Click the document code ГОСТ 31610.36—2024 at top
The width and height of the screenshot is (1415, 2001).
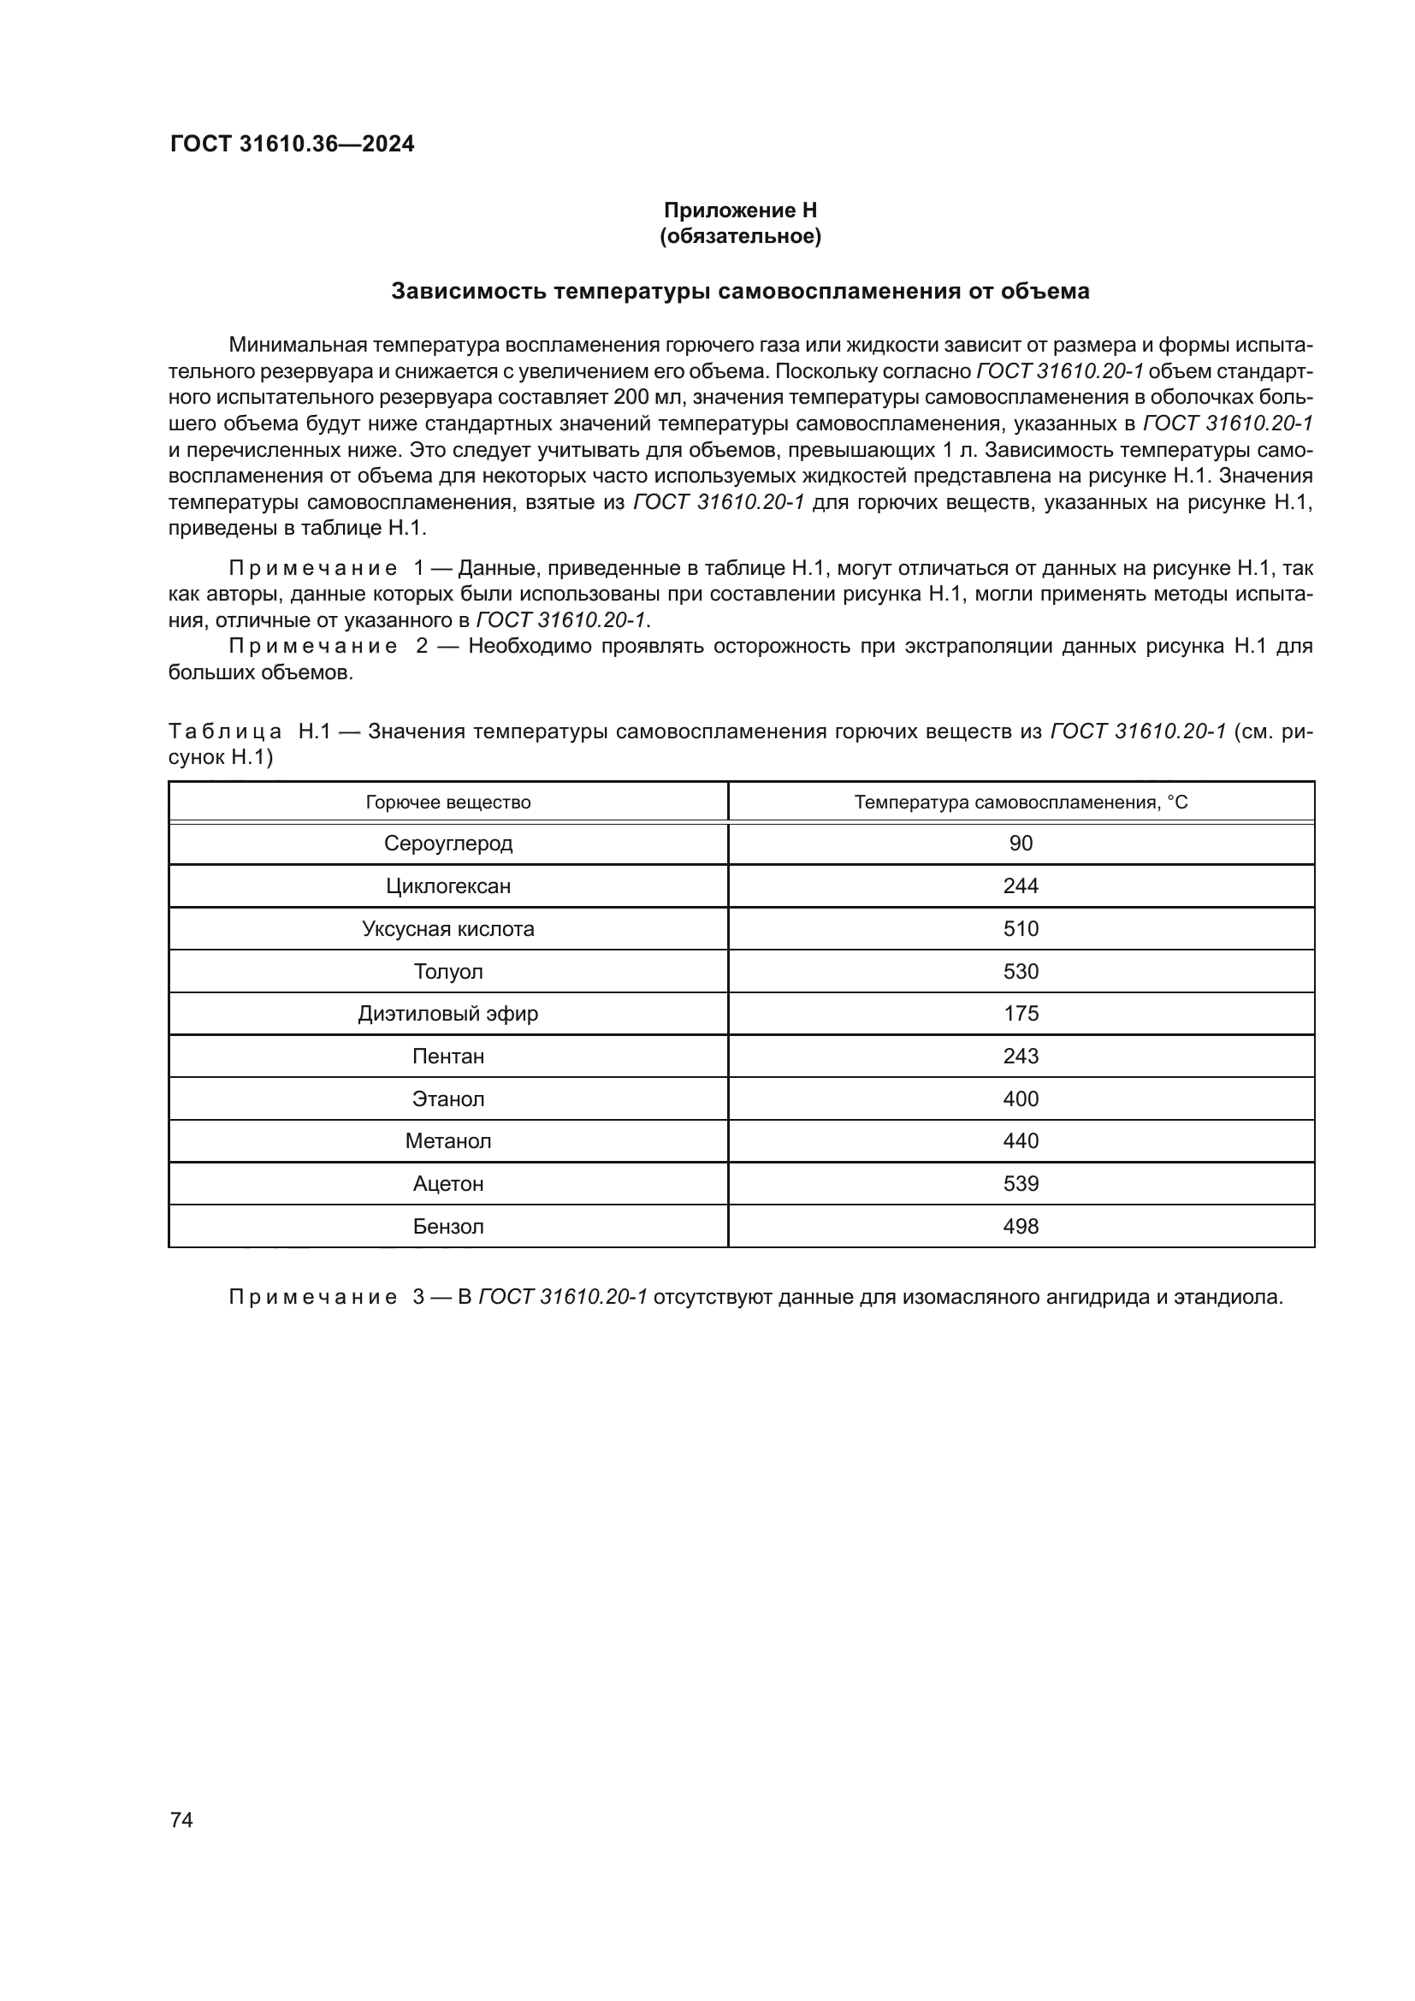click(x=292, y=144)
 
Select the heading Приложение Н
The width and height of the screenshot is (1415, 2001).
click(x=740, y=210)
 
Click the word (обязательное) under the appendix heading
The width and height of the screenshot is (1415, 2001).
click(x=740, y=236)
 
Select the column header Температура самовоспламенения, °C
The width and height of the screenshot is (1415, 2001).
click(x=1021, y=802)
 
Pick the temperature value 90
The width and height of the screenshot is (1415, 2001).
click(x=1021, y=844)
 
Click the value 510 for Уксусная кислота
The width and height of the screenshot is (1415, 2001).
click(x=1021, y=929)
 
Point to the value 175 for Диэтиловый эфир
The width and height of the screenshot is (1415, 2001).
click(x=1021, y=1014)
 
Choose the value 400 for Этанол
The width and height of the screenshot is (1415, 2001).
click(x=1021, y=1099)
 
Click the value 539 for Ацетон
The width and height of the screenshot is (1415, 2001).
click(x=1021, y=1183)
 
